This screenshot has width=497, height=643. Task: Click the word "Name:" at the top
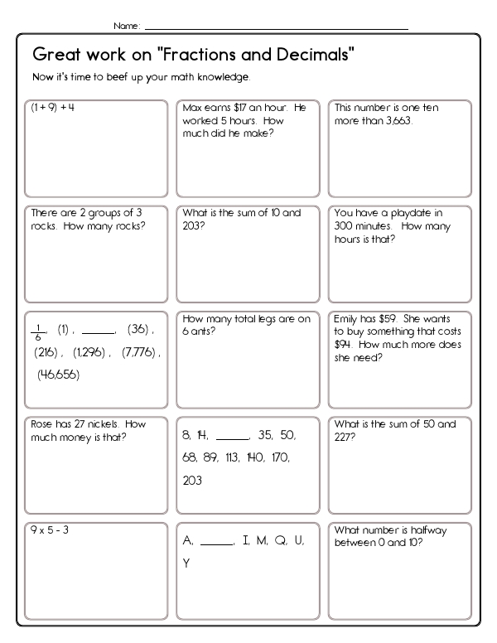coord(127,26)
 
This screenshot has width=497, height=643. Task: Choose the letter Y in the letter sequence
coord(186,563)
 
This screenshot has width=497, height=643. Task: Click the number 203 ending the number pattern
coord(191,480)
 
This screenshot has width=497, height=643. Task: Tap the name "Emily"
coord(348,318)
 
